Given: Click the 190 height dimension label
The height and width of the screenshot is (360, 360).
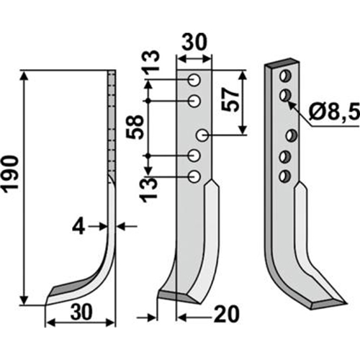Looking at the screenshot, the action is click(x=10, y=174).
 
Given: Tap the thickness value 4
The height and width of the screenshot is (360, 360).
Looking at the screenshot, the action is click(x=78, y=226).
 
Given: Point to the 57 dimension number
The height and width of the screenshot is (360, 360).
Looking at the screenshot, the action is click(x=230, y=99).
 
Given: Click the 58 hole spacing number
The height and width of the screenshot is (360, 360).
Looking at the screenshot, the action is click(x=135, y=127).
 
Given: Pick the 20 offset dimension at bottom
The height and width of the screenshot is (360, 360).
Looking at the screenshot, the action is click(x=227, y=314).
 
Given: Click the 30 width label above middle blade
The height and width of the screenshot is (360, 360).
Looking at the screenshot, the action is click(x=194, y=42).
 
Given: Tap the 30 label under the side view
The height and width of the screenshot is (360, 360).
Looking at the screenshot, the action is click(x=81, y=312).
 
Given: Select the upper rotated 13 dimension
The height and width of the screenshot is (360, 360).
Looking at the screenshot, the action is click(x=150, y=60).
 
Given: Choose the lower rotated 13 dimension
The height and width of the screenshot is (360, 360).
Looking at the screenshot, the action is click(x=149, y=191).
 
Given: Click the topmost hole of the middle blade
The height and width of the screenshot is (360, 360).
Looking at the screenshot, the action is click(x=194, y=80).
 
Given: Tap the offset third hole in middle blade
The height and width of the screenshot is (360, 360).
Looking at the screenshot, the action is click(x=202, y=135).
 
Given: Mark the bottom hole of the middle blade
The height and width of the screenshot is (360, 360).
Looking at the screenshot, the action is click(x=194, y=177).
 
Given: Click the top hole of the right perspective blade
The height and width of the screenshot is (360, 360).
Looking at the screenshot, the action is click(x=285, y=76).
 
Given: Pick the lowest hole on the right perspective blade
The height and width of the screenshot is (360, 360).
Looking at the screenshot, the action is click(x=285, y=176).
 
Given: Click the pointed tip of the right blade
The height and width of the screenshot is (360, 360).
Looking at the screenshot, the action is click(x=346, y=303).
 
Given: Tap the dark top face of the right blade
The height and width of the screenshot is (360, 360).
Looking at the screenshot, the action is click(x=282, y=63).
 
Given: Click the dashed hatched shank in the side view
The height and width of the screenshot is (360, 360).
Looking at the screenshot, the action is click(x=112, y=123).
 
